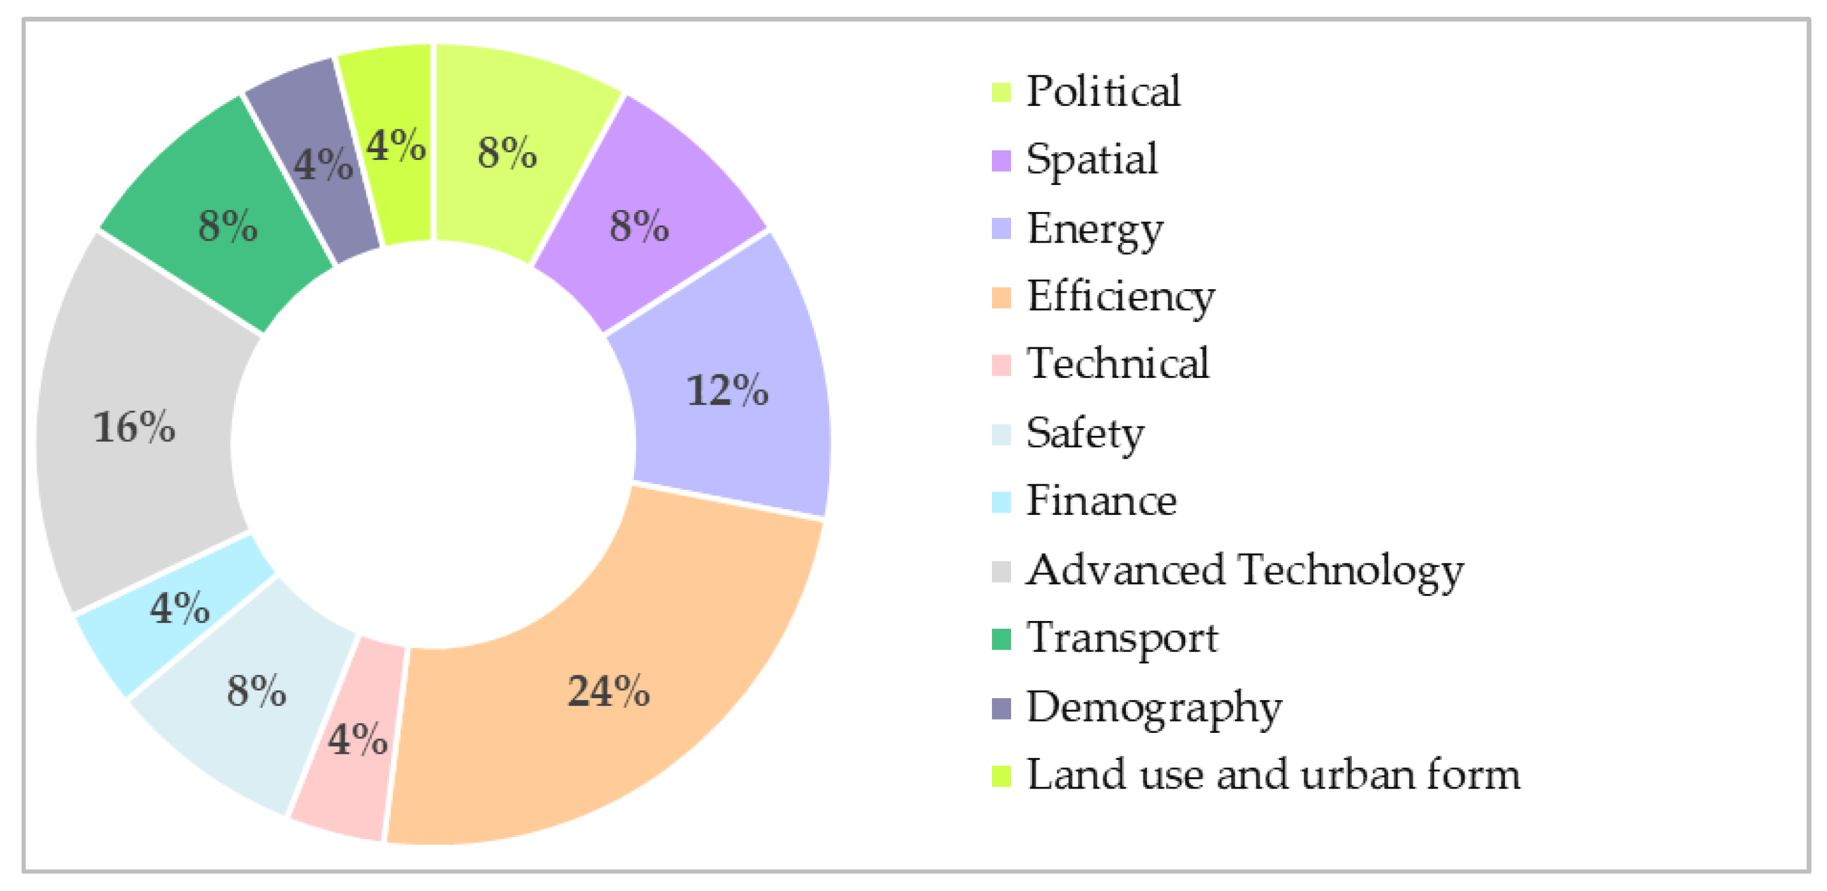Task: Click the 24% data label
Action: coord(609,692)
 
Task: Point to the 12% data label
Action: coord(727,390)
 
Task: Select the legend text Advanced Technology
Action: coord(1245,571)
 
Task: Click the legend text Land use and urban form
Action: coord(1273,775)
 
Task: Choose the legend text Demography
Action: coord(1154,708)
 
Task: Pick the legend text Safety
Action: coord(1085,434)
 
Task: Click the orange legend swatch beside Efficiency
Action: coord(1001,298)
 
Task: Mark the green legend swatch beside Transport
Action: coord(1001,639)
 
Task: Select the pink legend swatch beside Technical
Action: coord(1001,365)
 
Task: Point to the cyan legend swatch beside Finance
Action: coord(1001,502)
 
